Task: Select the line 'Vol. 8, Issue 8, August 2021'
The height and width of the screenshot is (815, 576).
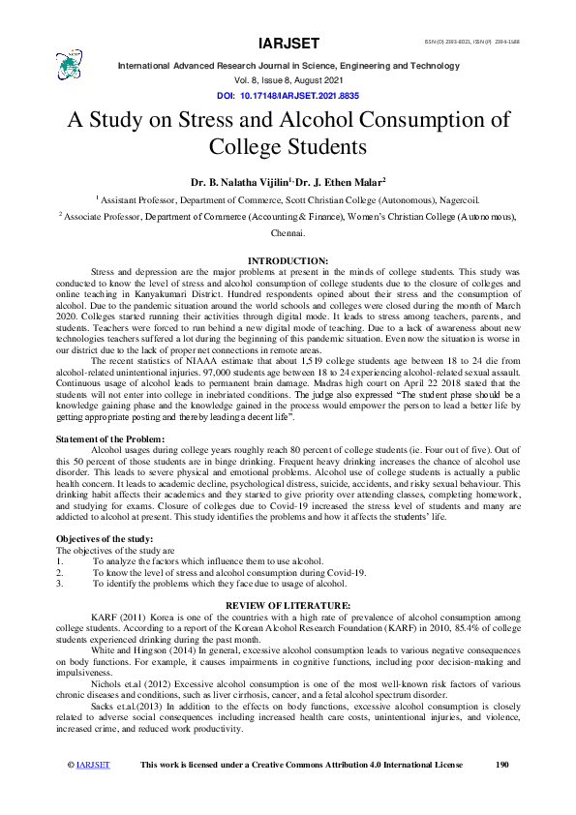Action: click(288, 81)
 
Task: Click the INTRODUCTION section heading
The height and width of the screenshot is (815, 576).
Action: click(288, 261)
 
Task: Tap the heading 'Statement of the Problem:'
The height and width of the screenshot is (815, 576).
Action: click(105, 439)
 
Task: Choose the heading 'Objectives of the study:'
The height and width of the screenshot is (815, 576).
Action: click(105, 537)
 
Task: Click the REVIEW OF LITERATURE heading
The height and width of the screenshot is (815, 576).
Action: click(288, 605)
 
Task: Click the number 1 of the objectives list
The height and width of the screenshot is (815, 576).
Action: click(59, 561)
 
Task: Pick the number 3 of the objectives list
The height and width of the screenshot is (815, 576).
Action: click(59, 584)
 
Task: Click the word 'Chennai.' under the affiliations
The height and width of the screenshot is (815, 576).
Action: click(288, 234)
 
